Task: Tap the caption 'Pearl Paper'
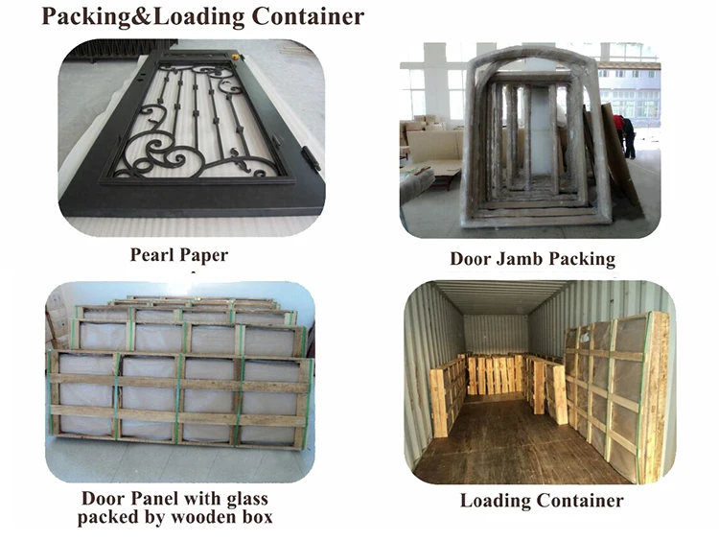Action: (179, 255)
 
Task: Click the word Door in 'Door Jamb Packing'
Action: (470, 259)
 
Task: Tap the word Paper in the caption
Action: (205, 255)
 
